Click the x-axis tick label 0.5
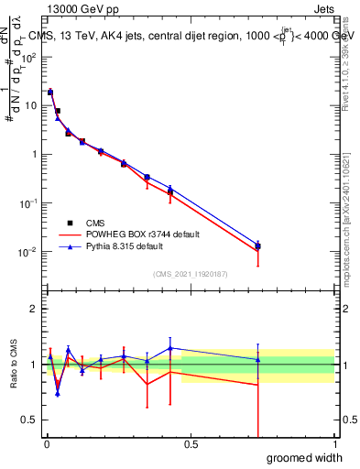[x=191, y=444]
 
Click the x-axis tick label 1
[x=333, y=444]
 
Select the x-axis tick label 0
[x=47, y=444]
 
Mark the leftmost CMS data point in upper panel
[x=50, y=93]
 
